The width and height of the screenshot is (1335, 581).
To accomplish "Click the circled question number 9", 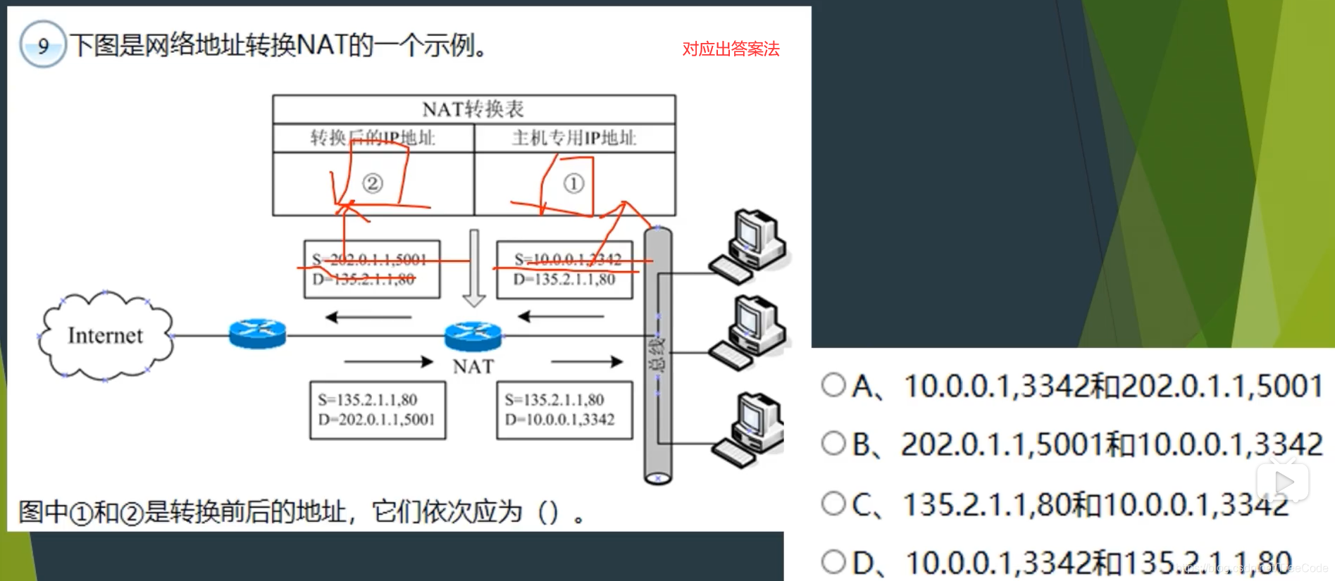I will click(x=43, y=45).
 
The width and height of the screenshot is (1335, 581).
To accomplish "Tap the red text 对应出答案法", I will click(x=731, y=49).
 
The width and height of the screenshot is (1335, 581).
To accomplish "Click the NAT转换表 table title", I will click(x=473, y=109).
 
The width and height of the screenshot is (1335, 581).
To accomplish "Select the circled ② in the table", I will click(x=373, y=184).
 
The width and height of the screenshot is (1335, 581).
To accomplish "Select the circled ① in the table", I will click(x=573, y=184).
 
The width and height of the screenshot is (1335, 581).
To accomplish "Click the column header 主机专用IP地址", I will click(x=574, y=138).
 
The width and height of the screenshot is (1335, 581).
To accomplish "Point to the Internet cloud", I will click(x=105, y=336).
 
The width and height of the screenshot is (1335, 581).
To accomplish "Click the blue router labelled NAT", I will click(x=473, y=336).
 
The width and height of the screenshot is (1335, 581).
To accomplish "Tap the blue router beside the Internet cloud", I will click(x=257, y=334).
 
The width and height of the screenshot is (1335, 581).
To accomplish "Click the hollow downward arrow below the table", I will click(x=474, y=268).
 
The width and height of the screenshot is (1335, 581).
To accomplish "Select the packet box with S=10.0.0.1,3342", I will click(x=565, y=270).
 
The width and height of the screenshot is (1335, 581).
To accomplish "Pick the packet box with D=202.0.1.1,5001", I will click(x=378, y=410).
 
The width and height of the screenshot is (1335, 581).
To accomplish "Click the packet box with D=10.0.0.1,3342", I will click(x=564, y=410).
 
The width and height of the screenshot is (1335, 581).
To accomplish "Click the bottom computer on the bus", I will click(x=750, y=430).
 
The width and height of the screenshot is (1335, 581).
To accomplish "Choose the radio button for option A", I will click(x=833, y=385).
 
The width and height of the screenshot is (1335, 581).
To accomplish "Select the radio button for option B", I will click(x=833, y=443).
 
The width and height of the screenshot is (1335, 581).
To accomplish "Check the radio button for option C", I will click(x=833, y=503).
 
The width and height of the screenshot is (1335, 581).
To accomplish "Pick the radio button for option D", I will click(x=833, y=561).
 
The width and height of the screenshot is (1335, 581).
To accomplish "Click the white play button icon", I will click(x=1284, y=482).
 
